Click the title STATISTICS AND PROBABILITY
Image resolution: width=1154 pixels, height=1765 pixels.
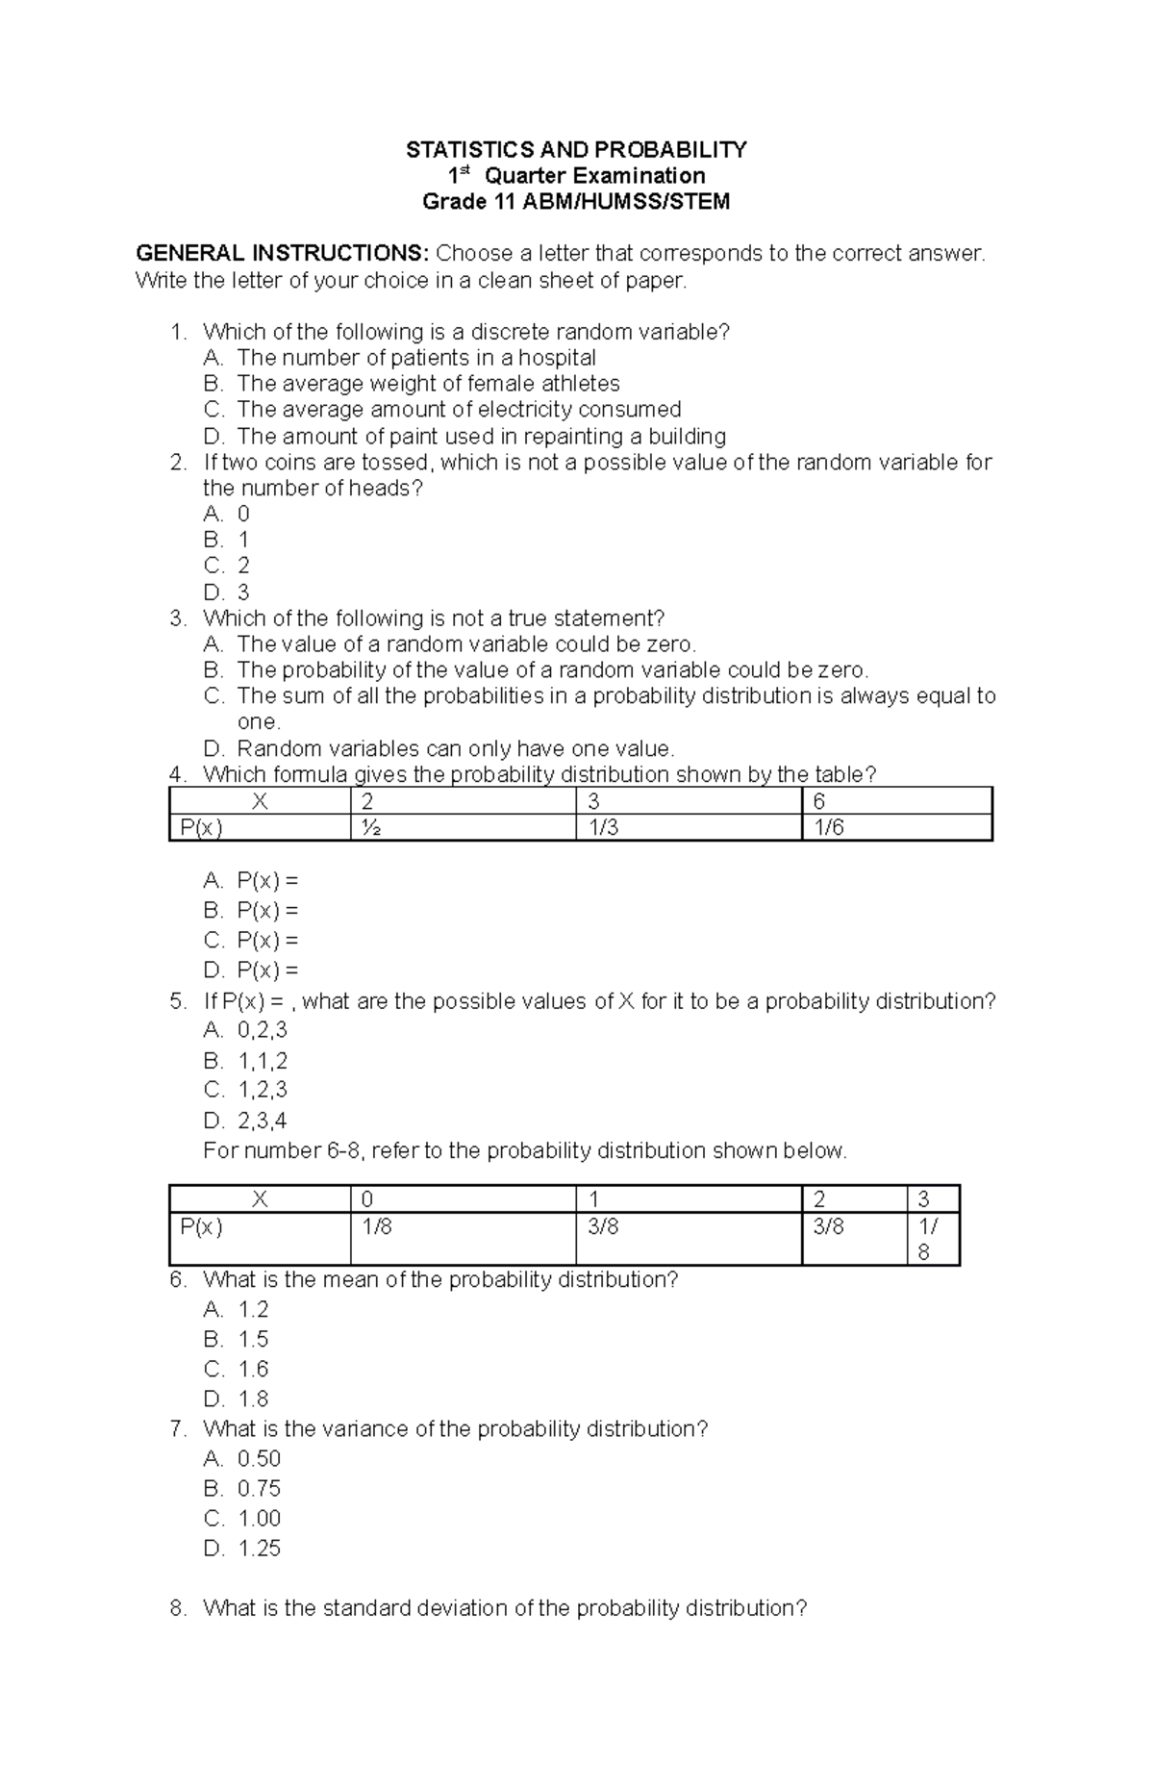click(576, 149)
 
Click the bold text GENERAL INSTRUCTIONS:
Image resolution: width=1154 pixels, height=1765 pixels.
click(282, 254)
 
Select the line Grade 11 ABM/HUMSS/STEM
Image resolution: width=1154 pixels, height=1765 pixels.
click(576, 202)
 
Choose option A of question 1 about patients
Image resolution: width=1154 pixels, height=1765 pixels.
click(415, 358)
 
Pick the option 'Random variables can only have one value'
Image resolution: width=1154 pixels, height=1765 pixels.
click(455, 748)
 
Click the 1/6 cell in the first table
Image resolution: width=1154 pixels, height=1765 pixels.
click(828, 827)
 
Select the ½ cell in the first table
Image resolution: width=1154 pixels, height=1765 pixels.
click(369, 827)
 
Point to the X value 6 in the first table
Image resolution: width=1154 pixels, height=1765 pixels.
click(819, 801)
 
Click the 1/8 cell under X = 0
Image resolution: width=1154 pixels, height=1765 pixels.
click(377, 1226)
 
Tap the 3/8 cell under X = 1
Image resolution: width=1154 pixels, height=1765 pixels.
click(603, 1226)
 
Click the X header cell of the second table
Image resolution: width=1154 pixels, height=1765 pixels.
click(260, 1198)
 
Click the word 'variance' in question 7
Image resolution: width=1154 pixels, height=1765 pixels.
click(367, 1428)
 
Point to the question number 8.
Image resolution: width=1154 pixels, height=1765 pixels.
click(177, 1608)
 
